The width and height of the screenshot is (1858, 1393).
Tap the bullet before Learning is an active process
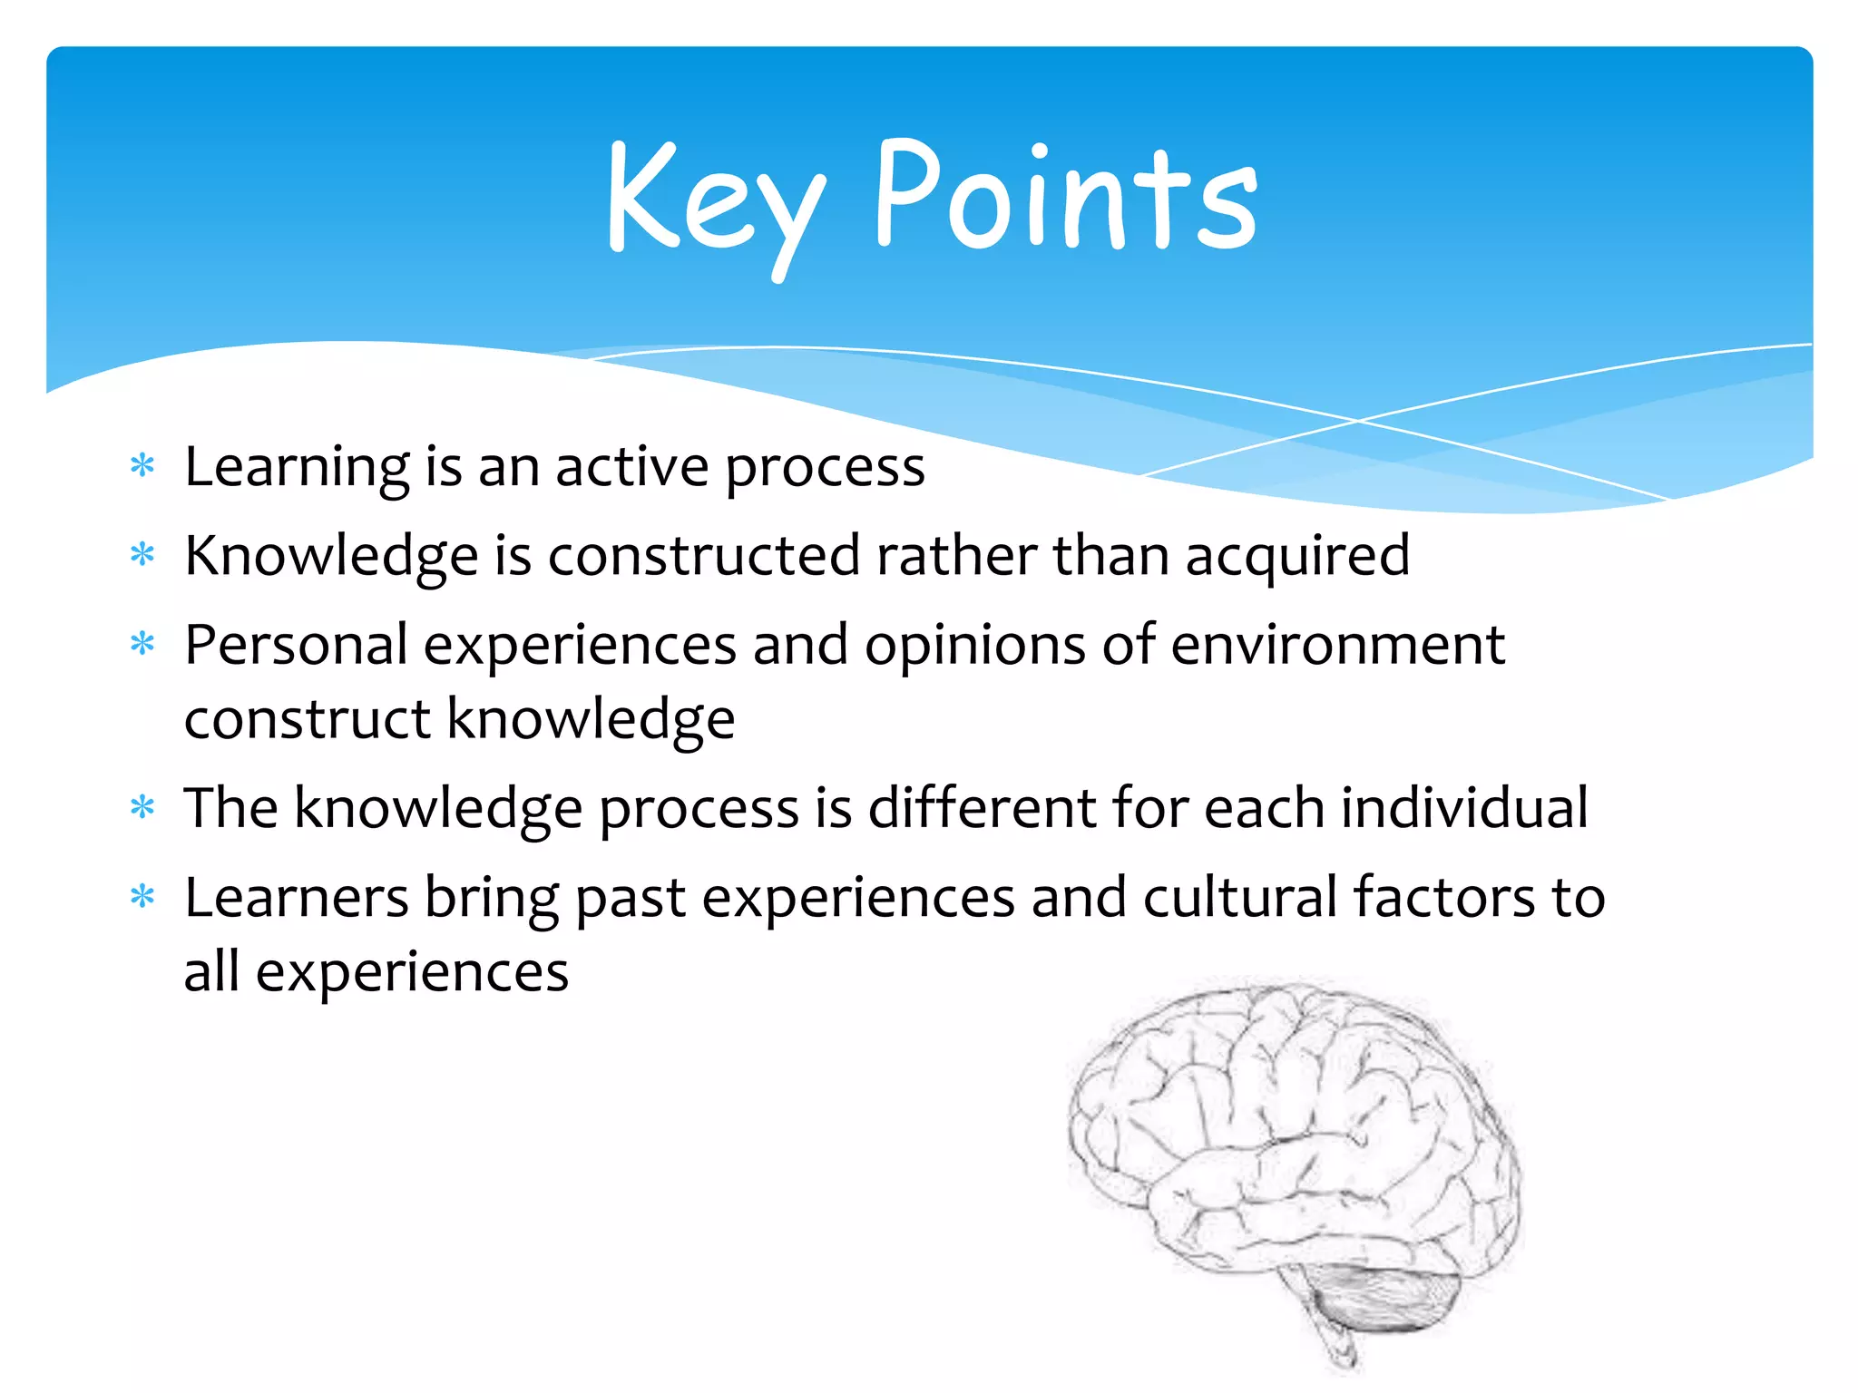[x=142, y=466]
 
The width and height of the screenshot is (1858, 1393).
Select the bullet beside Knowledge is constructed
[x=142, y=553]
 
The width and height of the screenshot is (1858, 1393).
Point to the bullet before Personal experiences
[x=142, y=644]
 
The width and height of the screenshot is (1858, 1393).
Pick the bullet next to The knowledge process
[x=142, y=806]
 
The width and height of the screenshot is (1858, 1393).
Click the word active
[x=631, y=466]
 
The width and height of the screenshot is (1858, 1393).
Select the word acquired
[x=1297, y=556]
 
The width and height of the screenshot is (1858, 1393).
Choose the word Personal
[x=296, y=645]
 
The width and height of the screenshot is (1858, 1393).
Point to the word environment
[x=1337, y=645]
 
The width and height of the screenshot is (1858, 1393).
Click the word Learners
[x=296, y=897]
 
